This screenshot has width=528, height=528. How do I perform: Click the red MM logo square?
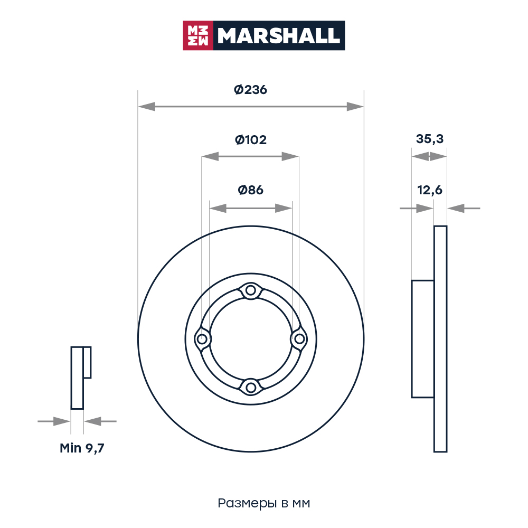(198, 36)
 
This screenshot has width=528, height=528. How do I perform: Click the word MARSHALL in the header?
(279, 36)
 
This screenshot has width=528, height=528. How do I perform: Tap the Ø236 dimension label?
(250, 90)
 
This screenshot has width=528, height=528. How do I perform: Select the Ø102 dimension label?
(250, 140)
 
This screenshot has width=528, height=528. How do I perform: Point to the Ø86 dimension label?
(250, 190)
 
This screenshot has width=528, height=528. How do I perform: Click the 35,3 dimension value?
(430, 139)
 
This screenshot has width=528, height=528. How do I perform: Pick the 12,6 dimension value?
(430, 190)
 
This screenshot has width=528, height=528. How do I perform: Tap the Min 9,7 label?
(82, 448)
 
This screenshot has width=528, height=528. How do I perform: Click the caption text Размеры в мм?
(263, 503)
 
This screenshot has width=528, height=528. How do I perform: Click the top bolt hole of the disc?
(250, 290)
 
